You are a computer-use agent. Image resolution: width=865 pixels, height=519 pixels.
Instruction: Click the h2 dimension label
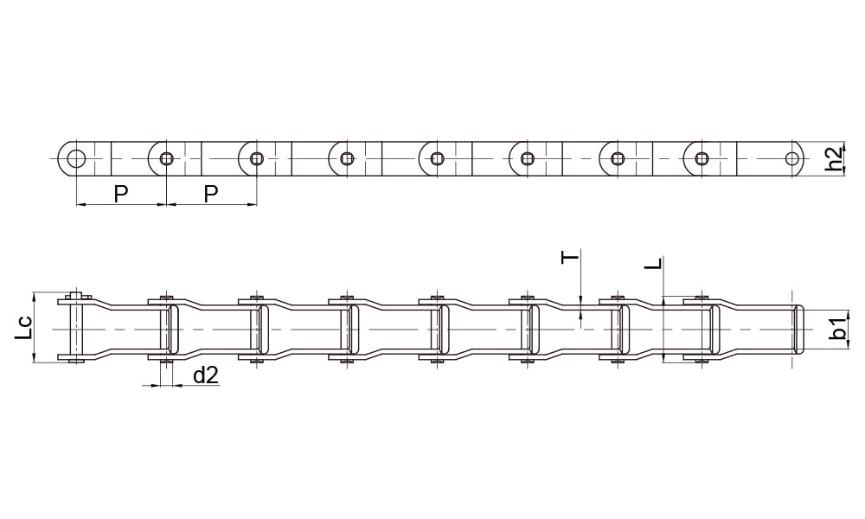(836, 158)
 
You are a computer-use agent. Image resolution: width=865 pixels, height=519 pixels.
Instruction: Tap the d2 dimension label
(206, 375)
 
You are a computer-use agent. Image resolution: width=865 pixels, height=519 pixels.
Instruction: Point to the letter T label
(571, 257)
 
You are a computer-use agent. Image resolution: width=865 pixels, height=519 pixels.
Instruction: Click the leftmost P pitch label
(121, 194)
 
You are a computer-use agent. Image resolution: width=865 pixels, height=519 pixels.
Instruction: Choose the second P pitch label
(211, 194)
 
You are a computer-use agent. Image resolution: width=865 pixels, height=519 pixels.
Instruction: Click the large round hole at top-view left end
(75, 159)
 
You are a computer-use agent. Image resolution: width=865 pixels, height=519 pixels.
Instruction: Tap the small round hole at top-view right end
(792, 159)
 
